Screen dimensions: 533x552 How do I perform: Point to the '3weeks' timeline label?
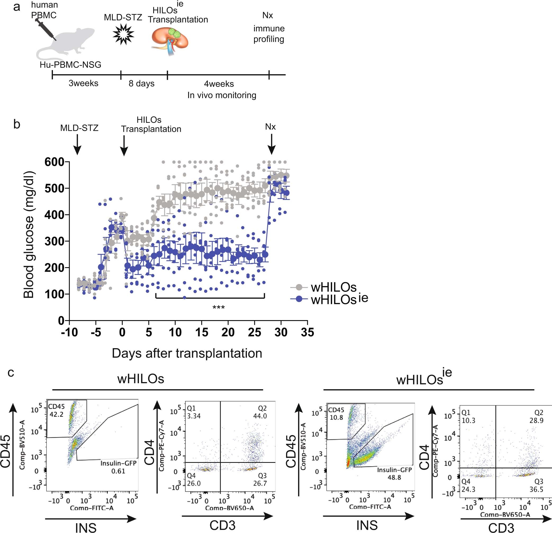click(83, 83)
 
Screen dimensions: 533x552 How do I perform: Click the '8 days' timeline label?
click(141, 84)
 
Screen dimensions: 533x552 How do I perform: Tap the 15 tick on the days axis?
click(202, 332)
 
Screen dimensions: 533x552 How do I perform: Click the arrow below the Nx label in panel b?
click(272, 144)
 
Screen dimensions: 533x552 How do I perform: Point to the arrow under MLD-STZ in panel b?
click(77, 145)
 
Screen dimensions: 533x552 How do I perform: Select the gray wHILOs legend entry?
click(324, 287)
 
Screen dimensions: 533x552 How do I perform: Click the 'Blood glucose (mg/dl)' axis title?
click(29, 235)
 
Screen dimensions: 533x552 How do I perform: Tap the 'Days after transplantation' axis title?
click(187, 353)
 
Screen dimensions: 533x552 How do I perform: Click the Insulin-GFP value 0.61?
click(118, 471)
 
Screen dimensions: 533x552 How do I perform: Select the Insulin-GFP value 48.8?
click(394, 477)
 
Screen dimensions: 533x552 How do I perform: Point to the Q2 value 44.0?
click(260, 416)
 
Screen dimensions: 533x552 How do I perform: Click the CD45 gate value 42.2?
click(56, 414)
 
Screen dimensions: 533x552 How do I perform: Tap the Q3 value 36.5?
click(536, 489)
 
